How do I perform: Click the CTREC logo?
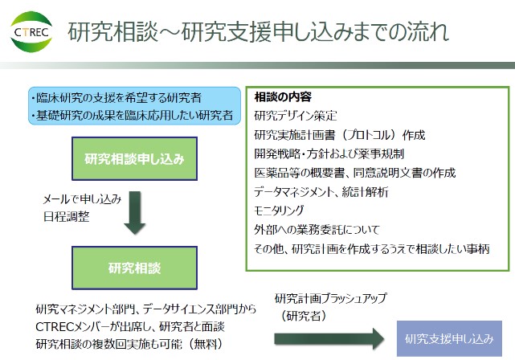click(31, 32)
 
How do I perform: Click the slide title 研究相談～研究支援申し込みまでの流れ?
click(258, 32)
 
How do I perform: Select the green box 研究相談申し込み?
click(134, 158)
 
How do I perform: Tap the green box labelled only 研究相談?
click(134, 268)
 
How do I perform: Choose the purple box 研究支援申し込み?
click(449, 338)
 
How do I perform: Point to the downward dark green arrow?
click(135, 212)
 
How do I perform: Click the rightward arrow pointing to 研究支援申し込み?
click(329, 338)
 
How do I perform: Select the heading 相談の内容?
click(283, 97)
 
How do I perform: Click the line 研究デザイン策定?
click(296, 116)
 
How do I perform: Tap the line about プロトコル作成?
click(340, 135)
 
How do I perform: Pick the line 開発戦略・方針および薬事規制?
click(329, 153)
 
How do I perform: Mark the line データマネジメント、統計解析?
click(321, 192)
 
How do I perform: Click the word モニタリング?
click(279, 211)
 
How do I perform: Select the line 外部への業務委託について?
click(317, 230)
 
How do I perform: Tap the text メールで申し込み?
click(83, 198)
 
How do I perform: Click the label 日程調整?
click(67, 216)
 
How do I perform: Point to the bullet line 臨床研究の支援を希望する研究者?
click(116, 97)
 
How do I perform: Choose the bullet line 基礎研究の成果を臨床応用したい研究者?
click(133, 115)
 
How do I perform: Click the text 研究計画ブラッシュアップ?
click(331, 298)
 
